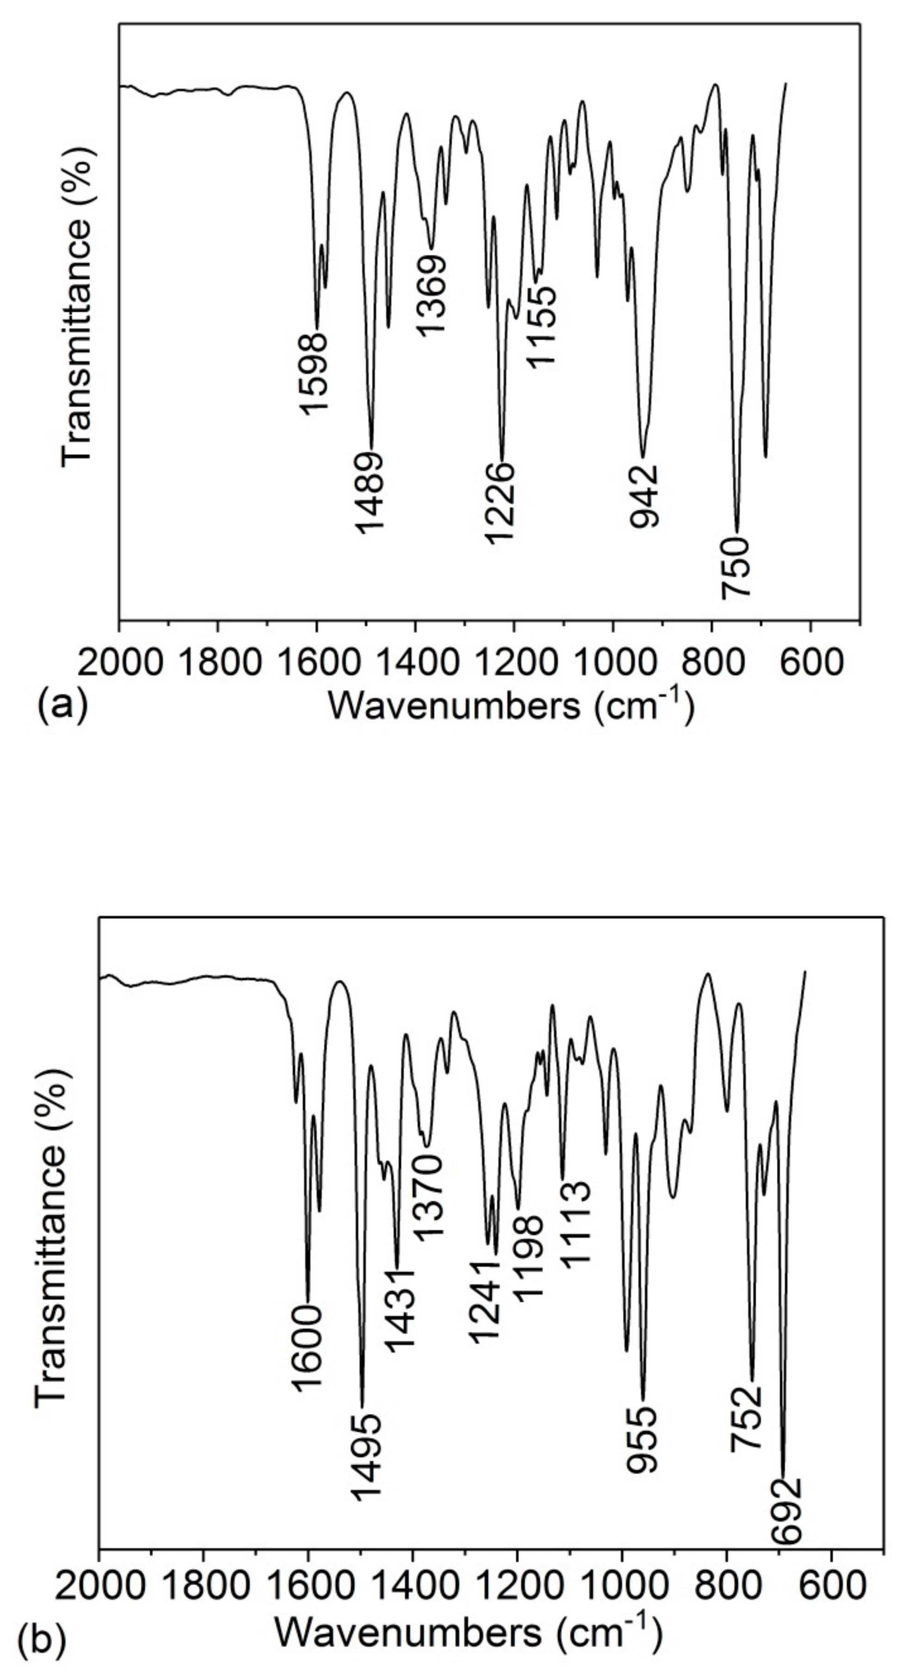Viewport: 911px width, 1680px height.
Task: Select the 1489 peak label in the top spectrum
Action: click(x=370, y=492)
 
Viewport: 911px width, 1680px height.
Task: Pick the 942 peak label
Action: click(x=644, y=496)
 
